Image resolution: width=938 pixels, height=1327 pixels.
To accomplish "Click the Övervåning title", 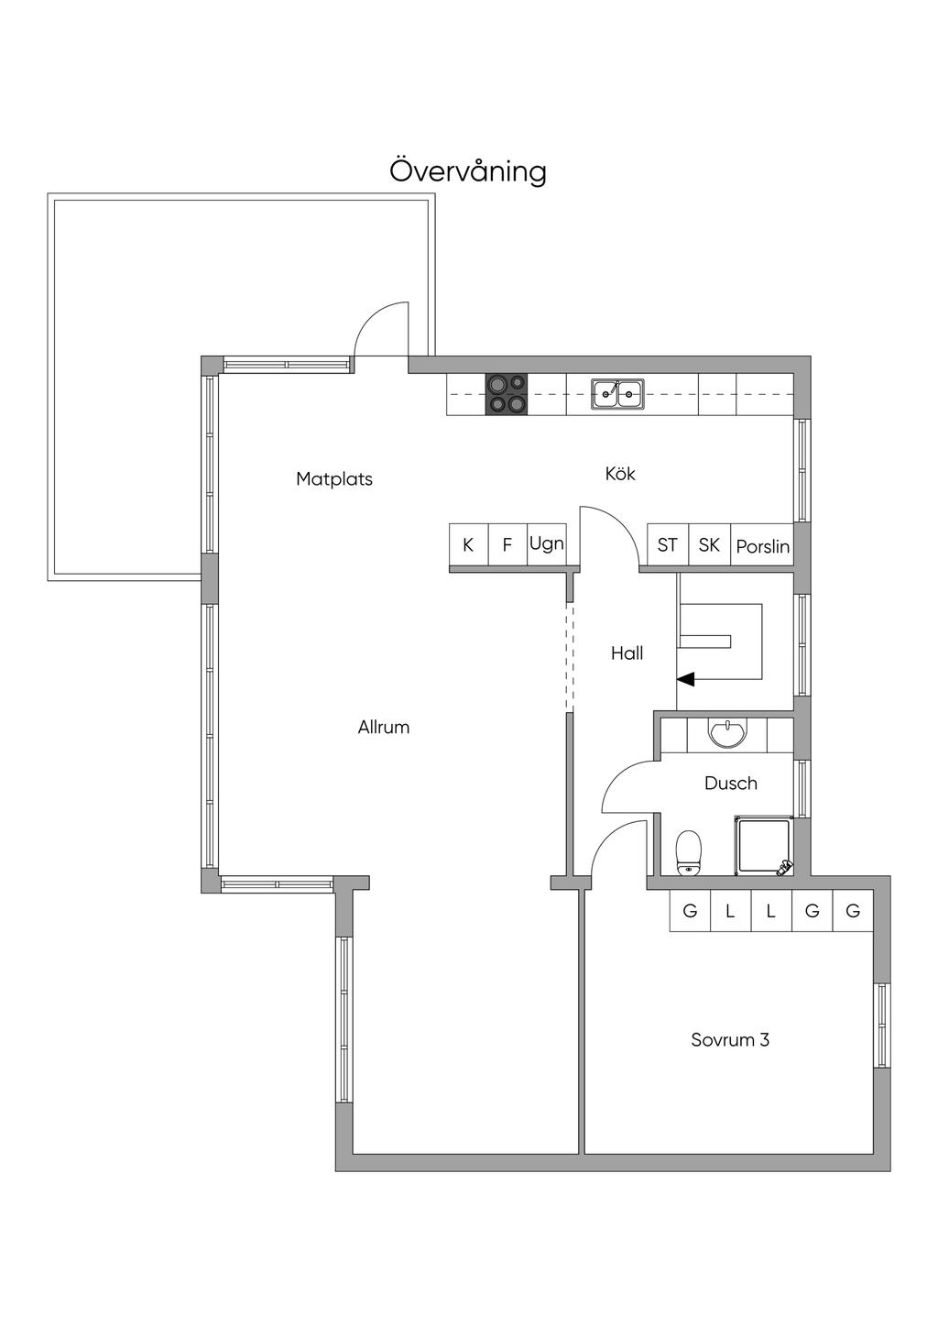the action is (x=468, y=171).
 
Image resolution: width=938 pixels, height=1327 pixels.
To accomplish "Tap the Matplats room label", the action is (x=334, y=478).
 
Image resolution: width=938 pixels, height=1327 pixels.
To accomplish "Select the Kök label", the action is (x=620, y=473).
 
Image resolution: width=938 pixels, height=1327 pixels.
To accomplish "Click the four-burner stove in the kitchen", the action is (x=507, y=394).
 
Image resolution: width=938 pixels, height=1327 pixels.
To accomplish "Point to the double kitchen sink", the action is (x=617, y=393).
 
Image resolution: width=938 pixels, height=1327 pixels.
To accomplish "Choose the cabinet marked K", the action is (x=468, y=544).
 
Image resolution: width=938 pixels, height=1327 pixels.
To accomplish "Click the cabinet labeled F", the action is (x=507, y=544).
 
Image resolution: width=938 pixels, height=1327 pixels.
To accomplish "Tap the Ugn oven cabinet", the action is (x=547, y=544).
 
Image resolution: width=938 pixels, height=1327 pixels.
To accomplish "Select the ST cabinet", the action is (x=668, y=544).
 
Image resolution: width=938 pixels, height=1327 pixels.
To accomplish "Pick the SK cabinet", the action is (x=709, y=544).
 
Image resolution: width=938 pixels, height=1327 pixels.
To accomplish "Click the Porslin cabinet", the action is (x=762, y=544).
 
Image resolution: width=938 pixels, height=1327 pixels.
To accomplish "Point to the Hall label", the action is (x=627, y=653).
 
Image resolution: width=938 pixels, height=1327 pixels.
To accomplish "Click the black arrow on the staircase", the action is (x=685, y=679).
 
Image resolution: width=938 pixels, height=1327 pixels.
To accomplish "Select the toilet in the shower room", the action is (x=688, y=852).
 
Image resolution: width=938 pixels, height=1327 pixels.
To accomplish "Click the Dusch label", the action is (x=731, y=784).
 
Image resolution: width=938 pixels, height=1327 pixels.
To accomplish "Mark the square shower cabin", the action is (x=764, y=845).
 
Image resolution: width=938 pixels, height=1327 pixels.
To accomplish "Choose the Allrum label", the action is (x=384, y=727).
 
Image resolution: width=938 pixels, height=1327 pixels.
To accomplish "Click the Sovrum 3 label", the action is (x=730, y=1039).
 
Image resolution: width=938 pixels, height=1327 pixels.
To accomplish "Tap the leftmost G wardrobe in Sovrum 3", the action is (x=690, y=911).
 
